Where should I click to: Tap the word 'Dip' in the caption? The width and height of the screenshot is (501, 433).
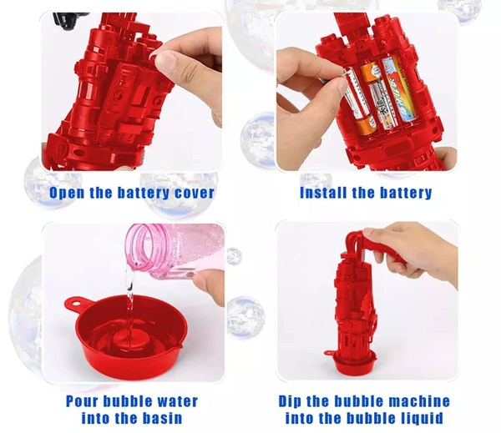pyautogui.click(x=290, y=401)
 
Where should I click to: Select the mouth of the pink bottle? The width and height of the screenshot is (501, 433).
pyautogui.click(x=140, y=248)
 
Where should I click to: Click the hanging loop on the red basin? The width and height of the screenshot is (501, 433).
pyautogui.click(x=75, y=304)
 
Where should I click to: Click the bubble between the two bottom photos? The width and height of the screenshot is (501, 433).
pyautogui.click(x=245, y=317)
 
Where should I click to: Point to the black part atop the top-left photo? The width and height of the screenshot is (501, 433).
pyautogui.click(x=69, y=20)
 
